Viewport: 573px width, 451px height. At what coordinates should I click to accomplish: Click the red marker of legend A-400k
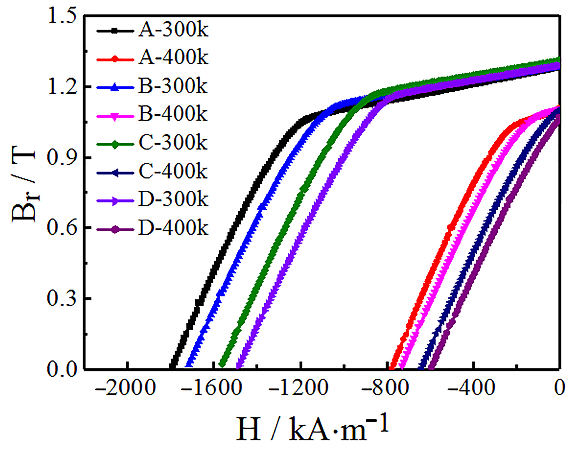115,59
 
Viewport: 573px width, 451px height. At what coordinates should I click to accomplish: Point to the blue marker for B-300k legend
115,87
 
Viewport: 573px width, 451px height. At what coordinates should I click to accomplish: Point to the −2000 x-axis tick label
125,389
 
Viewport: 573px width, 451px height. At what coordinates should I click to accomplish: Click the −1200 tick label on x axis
298,389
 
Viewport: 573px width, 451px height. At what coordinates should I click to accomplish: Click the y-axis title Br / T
24,185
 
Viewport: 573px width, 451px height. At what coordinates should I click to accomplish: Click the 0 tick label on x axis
559,389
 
